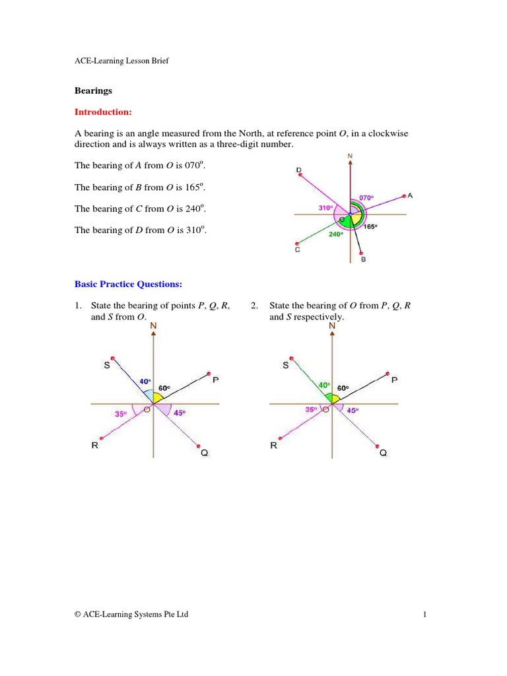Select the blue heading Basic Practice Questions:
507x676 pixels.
coord(128,284)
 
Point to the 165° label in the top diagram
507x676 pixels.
coord(370,226)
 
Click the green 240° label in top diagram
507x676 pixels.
coord(336,234)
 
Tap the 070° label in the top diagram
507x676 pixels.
coord(366,197)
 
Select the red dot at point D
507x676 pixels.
coord(300,176)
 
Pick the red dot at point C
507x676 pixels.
coord(298,242)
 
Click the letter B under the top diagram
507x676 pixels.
coord(363,260)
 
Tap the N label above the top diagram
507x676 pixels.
coord(350,156)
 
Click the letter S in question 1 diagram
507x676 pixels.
coord(106,366)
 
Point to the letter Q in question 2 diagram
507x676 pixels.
coord(383,454)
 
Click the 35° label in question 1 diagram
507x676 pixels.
coord(120,414)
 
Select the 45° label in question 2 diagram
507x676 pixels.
coord(353,410)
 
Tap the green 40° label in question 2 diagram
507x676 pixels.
coord(323,385)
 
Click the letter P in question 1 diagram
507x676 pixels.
coord(215,380)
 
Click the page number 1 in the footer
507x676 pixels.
coord(426,615)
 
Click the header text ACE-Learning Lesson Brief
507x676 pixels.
coord(123,61)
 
